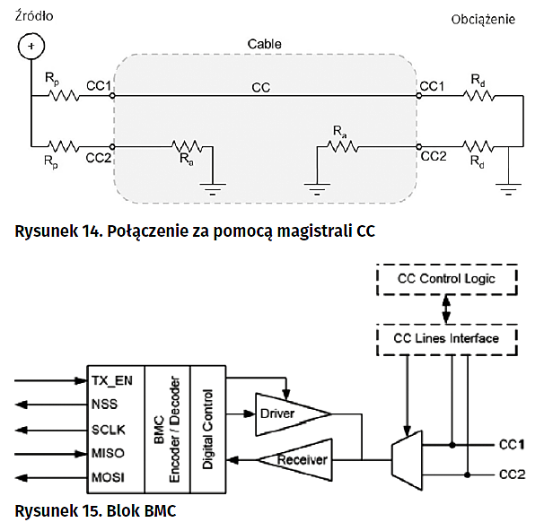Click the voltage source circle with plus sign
tap(31, 46)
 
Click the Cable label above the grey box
tap(265, 43)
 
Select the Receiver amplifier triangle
tap(293, 460)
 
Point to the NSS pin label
tap(105, 404)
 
